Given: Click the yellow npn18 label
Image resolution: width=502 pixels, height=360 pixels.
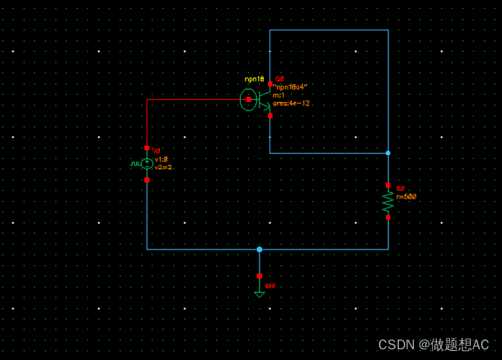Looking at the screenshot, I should (x=253, y=78).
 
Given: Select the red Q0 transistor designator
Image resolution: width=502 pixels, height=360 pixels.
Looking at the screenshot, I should (x=279, y=78).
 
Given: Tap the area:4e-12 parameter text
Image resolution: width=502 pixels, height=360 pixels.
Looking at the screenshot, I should (x=291, y=104).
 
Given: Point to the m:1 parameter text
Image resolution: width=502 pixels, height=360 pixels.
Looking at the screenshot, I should (x=279, y=95).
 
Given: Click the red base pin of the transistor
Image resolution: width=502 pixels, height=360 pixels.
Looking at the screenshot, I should (x=249, y=100).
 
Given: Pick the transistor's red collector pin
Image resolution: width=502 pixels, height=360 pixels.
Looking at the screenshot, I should (x=270, y=83).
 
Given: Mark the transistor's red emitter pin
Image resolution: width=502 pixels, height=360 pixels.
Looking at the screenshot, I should (x=270, y=116).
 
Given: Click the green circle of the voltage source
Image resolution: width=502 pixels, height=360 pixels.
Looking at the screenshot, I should (x=147, y=164).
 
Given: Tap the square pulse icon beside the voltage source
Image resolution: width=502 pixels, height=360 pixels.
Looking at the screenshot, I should (x=134, y=164).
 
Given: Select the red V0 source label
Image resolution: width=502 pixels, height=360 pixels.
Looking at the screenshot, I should (x=157, y=151).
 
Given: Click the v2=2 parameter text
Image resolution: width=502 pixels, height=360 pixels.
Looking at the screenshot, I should (x=163, y=167).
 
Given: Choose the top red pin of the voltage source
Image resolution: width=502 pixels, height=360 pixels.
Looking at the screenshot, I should (x=147, y=148).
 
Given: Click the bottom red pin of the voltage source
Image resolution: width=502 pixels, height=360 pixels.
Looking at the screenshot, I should (x=147, y=180).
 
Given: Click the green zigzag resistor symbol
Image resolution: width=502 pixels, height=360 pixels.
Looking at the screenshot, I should (x=387, y=201).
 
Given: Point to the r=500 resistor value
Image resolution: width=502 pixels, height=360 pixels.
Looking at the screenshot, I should (x=406, y=197).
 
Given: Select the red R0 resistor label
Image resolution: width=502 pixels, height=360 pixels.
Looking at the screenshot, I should (x=401, y=189).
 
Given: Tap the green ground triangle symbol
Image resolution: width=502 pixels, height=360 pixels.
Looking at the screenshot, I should (x=259, y=293).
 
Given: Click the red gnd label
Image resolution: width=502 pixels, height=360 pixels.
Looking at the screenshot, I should (x=270, y=286).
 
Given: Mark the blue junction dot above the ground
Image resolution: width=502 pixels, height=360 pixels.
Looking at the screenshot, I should (x=259, y=249).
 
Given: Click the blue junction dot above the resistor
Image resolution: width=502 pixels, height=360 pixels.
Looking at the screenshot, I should (x=387, y=153).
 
